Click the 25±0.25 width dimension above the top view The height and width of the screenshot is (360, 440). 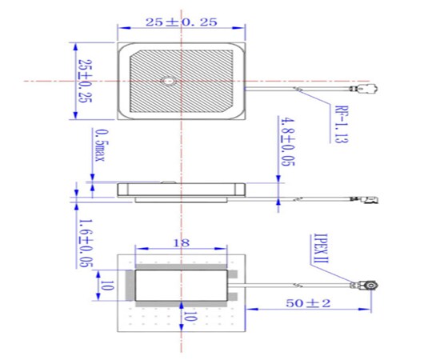coord(180,23)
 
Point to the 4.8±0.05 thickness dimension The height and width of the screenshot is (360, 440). coord(286,141)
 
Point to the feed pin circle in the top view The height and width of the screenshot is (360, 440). coord(168,81)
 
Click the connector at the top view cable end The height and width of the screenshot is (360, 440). coord(367,90)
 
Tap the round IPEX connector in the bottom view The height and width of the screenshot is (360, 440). coord(373,284)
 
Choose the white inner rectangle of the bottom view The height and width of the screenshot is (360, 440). coord(183,285)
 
